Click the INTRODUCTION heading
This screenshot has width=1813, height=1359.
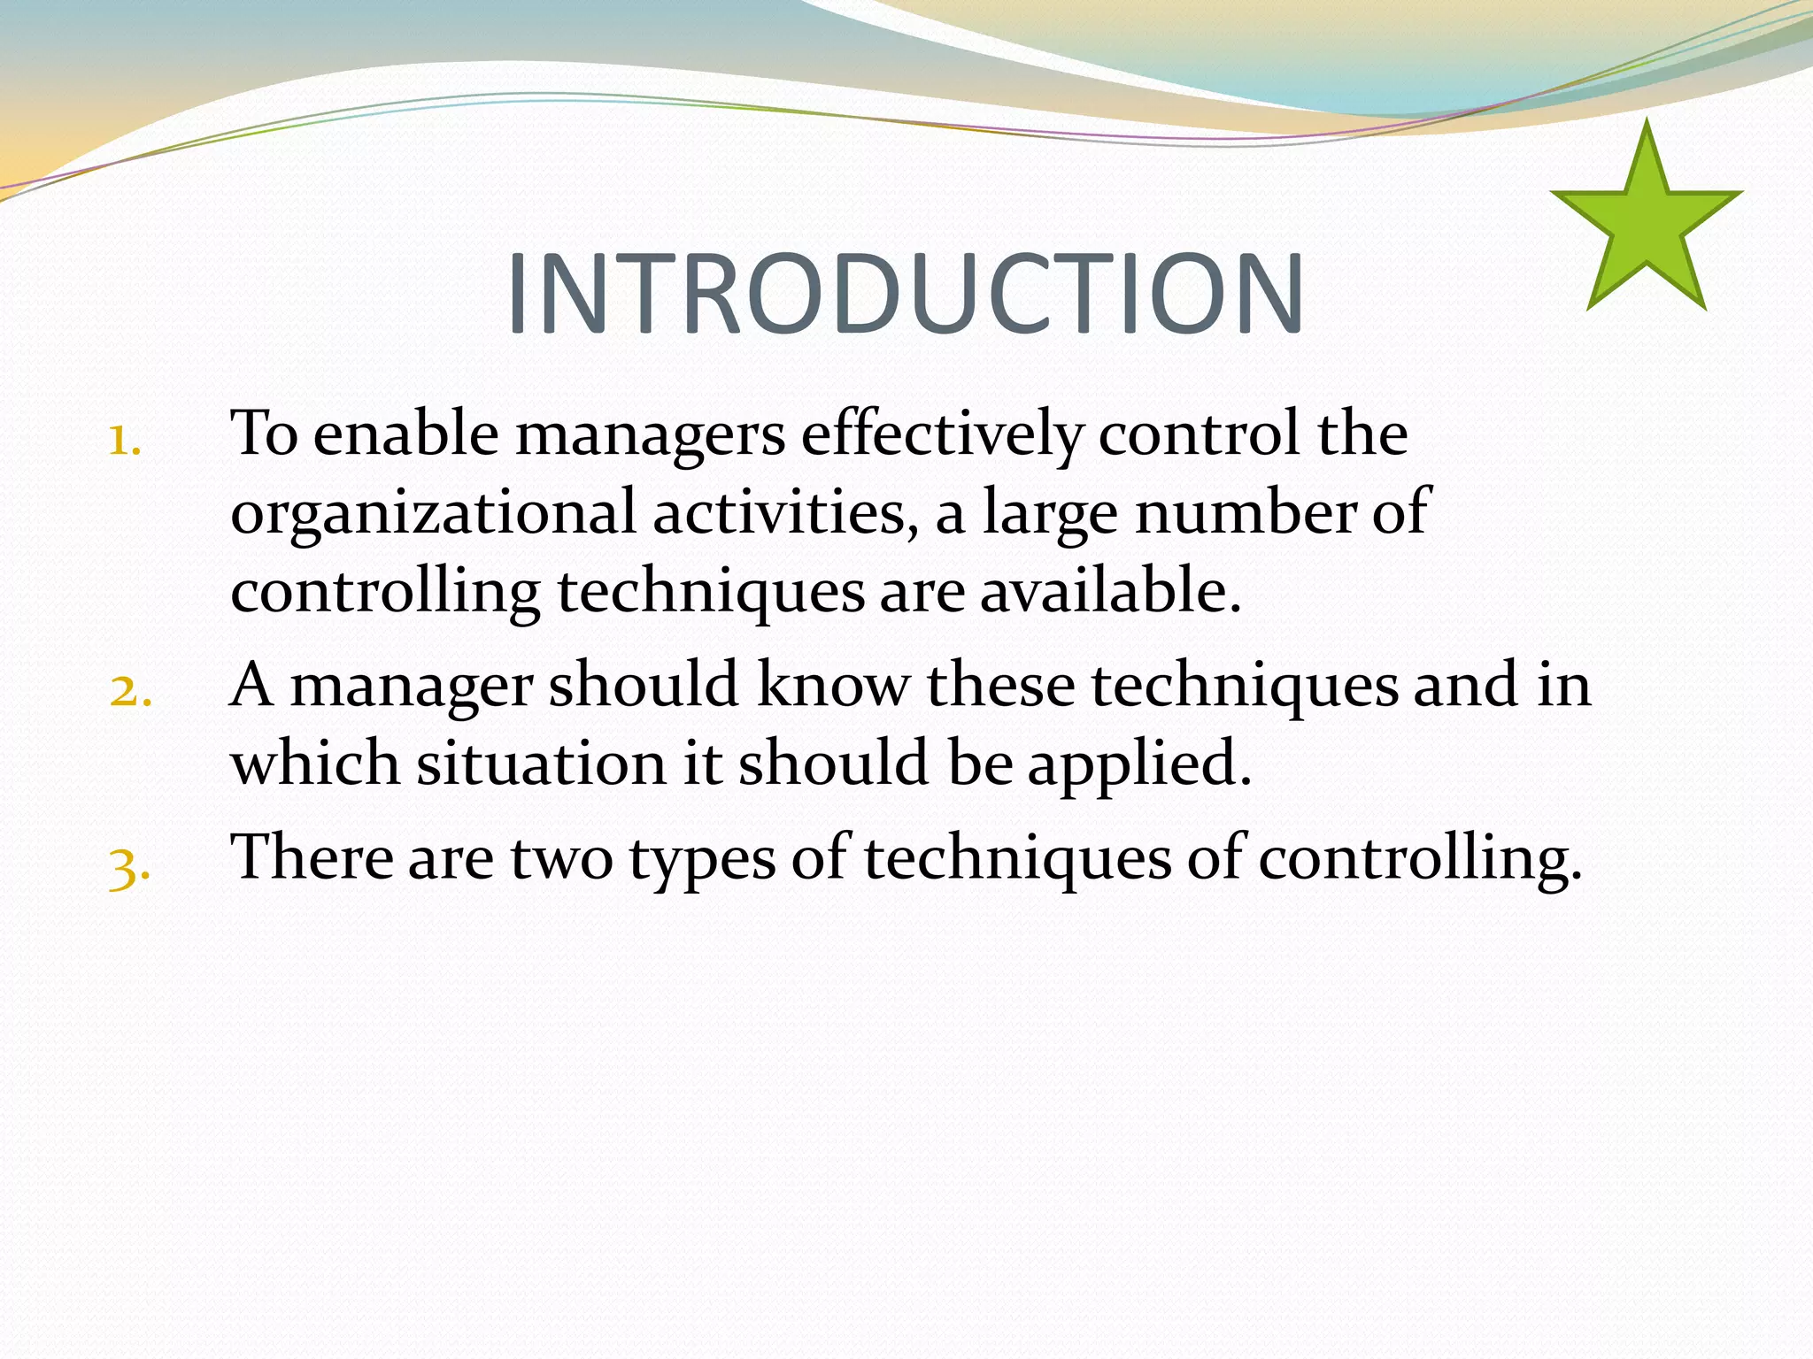pyautogui.click(x=905, y=295)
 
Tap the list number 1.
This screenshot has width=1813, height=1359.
pyautogui.click(x=125, y=440)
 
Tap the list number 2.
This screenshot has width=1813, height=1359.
pyautogui.click(x=130, y=691)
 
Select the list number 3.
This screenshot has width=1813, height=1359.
pyautogui.click(x=129, y=866)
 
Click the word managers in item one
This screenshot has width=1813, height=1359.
pyautogui.click(x=650, y=435)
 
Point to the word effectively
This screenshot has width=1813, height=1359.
pyautogui.click(x=942, y=435)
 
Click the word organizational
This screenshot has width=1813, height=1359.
pyautogui.click(x=433, y=514)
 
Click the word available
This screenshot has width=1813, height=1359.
pyautogui.click(x=1110, y=591)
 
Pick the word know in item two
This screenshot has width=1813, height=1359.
pyautogui.click(x=833, y=686)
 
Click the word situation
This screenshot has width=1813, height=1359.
pyautogui.click(x=541, y=764)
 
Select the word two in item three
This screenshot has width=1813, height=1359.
pyautogui.click(x=561, y=858)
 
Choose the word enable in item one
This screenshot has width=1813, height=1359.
pyautogui.click(x=406, y=435)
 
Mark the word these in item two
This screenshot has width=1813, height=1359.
pyautogui.click(x=1000, y=686)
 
